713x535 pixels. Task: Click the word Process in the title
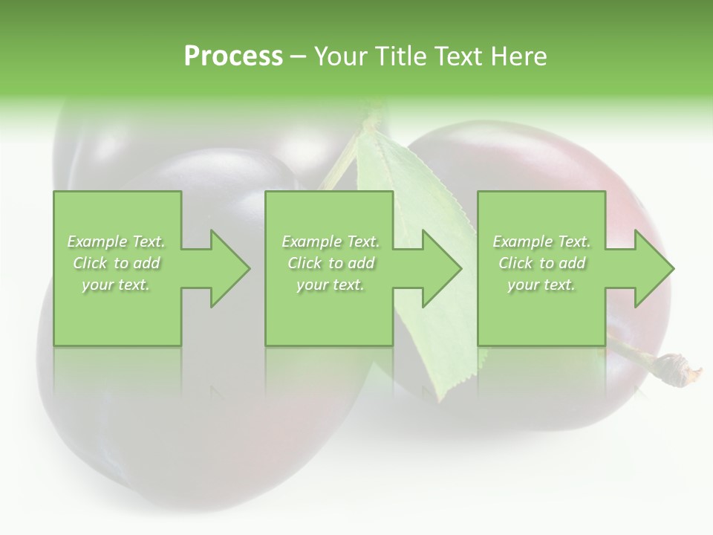[233, 56]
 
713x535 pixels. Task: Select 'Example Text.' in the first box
[117, 241]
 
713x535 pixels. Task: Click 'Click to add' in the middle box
[331, 263]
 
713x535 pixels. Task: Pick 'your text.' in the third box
[541, 285]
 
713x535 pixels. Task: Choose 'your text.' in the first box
[117, 285]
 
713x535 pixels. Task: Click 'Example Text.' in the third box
[541, 241]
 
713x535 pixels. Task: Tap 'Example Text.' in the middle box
[331, 241]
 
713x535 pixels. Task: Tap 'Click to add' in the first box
[117, 263]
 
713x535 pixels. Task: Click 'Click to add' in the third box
[541, 263]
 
